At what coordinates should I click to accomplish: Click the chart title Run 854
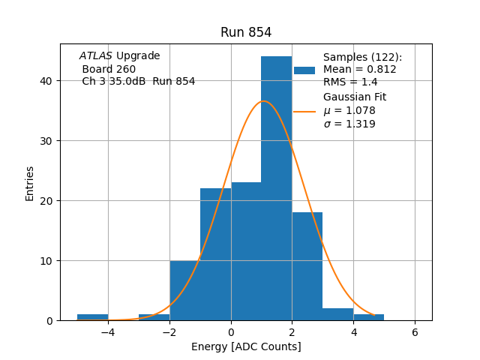coord(246,32)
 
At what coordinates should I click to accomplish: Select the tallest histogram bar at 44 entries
coord(276,187)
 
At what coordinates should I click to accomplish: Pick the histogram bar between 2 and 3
coord(307,266)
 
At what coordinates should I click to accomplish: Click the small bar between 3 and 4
coord(337,314)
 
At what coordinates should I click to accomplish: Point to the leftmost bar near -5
coord(92,317)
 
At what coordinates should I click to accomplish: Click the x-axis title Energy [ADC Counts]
coord(246,346)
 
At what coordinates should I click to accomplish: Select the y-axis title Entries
coord(30,183)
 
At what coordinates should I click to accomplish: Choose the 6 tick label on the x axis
coord(415,331)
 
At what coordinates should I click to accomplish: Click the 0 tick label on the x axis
coord(231,331)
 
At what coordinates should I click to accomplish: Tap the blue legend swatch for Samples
coord(304,70)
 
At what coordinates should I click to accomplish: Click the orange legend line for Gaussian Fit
coord(304,111)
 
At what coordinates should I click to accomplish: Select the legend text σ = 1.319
coord(349,124)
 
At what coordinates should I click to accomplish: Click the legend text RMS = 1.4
coord(350,82)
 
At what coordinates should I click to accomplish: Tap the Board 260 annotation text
coord(109,69)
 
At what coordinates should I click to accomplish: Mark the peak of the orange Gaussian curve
coord(263,101)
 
